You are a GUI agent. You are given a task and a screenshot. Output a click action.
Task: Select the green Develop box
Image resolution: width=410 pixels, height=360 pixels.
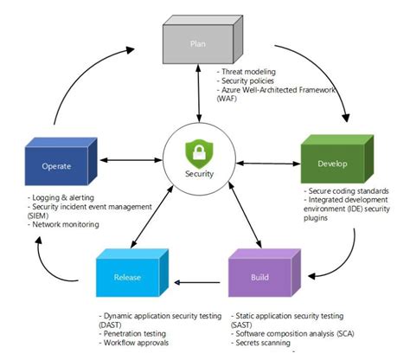(x=332, y=155)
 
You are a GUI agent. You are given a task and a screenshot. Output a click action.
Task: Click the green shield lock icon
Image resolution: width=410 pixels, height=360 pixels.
(x=199, y=155)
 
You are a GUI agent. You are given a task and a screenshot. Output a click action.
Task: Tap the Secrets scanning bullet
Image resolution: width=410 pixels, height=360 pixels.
(x=267, y=342)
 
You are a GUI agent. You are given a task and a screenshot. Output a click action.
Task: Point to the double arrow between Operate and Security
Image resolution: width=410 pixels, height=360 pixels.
(x=129, y=160)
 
